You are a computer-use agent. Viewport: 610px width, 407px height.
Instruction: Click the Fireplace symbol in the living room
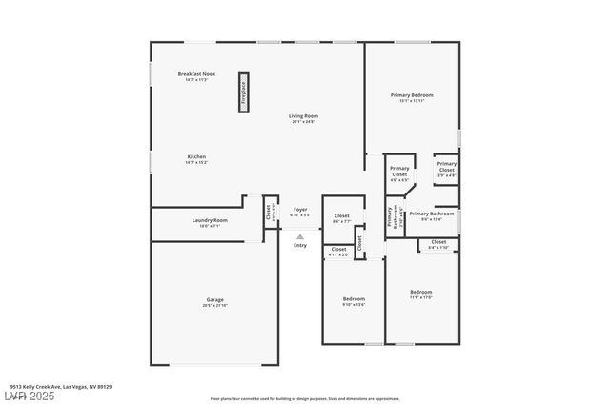[x=244, y=92]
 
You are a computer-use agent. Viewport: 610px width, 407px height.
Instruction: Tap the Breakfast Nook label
[x=196, y=73]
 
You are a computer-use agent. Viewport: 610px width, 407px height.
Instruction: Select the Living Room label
[x=303, y=116]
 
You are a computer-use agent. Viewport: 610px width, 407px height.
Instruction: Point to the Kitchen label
[x=196, y=156]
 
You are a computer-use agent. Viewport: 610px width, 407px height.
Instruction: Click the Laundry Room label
[x=210, y=220]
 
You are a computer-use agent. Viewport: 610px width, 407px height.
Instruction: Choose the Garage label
[x=214, y=299]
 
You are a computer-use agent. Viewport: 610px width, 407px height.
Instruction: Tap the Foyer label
[x=300, y=209]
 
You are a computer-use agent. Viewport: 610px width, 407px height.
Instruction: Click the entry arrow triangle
[x=300, y=235]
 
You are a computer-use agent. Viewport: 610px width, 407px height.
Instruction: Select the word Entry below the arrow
[x=300, y=245]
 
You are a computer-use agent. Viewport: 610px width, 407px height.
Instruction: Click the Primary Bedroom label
[x=412, y=95]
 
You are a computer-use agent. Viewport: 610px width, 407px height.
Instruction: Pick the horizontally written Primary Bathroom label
[x=430, y=214]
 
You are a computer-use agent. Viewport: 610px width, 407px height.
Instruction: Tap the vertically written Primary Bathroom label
[x=391, y=217]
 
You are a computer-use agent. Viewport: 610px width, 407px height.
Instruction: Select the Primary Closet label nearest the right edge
[x=446, y=166]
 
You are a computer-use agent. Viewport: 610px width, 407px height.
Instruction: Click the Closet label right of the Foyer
[x=341, y=217]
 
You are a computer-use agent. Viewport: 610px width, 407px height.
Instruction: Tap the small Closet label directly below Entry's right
[x=338, y=250]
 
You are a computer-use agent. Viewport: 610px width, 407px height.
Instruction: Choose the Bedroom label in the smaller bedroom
[x=354, y=299]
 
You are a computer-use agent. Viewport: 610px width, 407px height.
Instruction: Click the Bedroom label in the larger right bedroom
[x=421, y=292]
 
